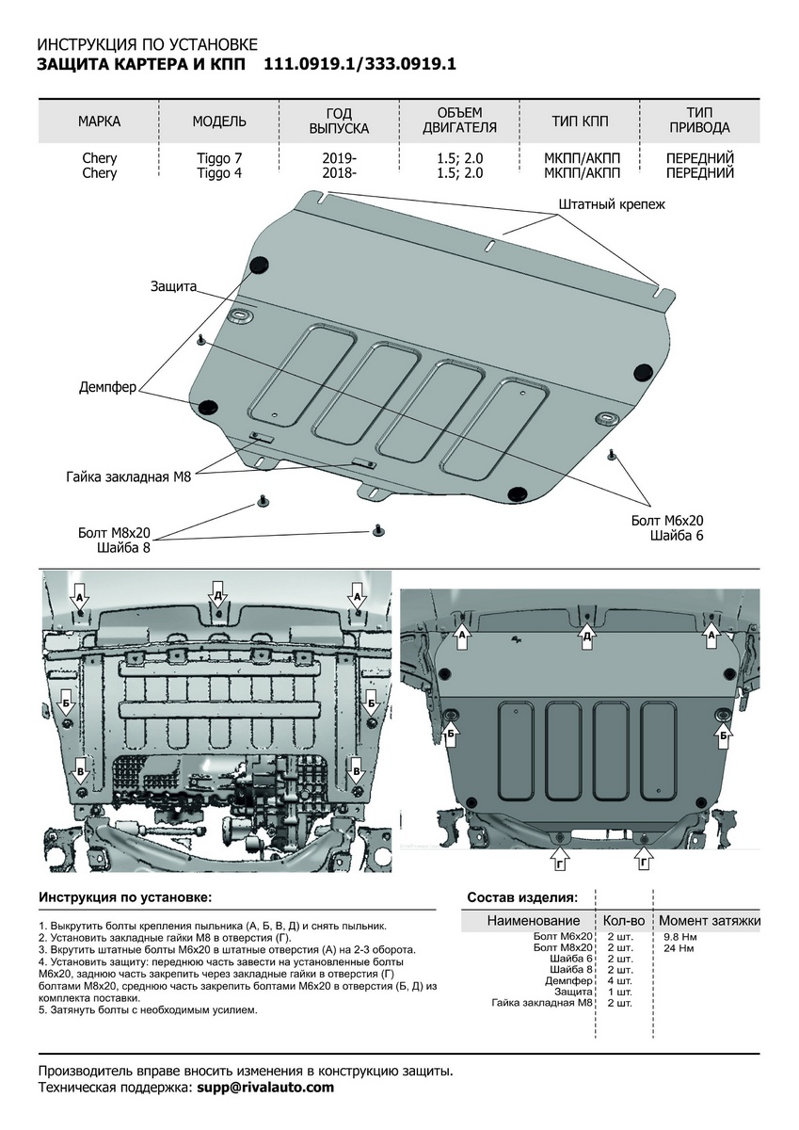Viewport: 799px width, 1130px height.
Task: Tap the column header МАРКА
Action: coord(99,121)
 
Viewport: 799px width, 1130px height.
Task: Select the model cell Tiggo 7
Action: coord(219,158)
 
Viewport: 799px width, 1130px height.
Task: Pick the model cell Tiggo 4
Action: coord(219,173)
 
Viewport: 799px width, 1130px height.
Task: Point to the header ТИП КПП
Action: coord(580,121)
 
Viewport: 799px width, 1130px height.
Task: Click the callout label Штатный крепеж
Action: coord(611,203)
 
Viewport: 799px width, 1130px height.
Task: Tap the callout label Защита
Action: coord(171,285)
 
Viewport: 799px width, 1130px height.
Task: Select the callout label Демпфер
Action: coord(108,386)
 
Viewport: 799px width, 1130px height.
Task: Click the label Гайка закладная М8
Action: coord(129,477)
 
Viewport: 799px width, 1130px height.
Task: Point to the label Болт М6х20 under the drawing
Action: coord(667,520)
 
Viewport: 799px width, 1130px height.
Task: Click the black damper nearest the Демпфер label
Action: coord(208,407)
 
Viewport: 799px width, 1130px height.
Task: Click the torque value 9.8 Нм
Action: coord(679,938)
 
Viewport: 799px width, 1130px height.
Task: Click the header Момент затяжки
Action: coord(709,920)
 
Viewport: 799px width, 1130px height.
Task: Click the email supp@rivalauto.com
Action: coord(265,1088)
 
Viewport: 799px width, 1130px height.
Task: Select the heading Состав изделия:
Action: coord(522,897)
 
